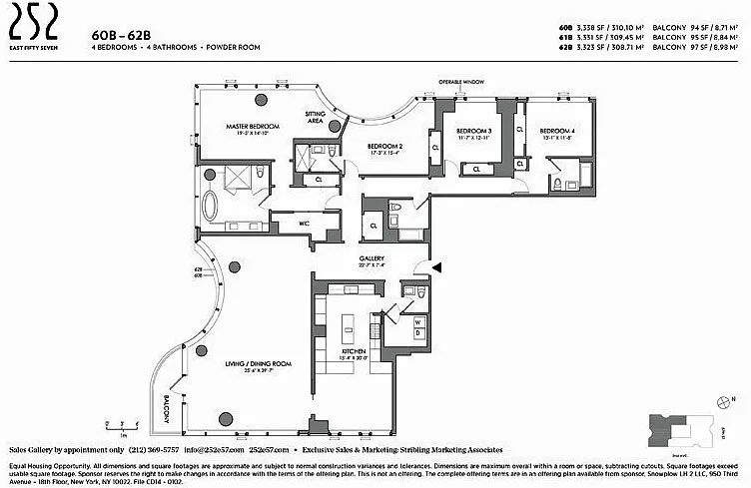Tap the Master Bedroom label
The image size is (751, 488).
[252, 127]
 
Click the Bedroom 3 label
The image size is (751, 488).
[474, 131]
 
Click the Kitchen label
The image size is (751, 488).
[354, 352]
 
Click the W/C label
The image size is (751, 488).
[304, 224]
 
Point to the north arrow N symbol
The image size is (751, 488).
[735, 397]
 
